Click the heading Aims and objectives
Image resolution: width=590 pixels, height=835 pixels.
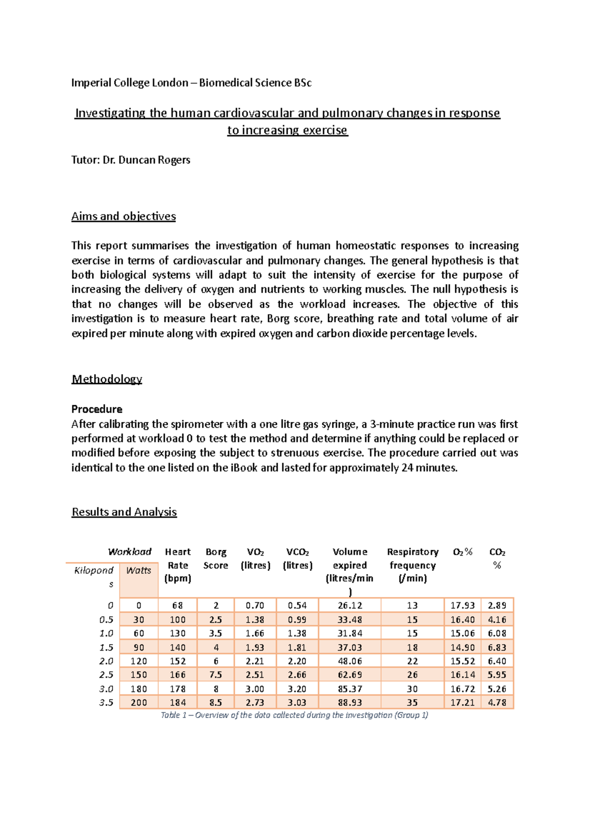pos(123,216)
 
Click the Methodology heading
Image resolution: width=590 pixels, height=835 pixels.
pos(107,379)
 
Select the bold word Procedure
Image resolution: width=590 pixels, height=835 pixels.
pos(97,409)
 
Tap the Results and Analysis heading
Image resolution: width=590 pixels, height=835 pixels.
pos(124,512)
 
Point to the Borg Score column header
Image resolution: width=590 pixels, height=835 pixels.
pos(216,559)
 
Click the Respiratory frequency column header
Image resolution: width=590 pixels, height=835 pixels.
pos(413,565)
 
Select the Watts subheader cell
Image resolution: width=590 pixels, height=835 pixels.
pos(139,570)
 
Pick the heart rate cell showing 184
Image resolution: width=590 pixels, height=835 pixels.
pos(177,703)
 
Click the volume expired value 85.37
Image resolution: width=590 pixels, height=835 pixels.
pos(350,689)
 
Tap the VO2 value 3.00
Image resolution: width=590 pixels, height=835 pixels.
pos(255,689)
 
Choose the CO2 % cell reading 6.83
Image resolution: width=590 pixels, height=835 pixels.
pos(497,648)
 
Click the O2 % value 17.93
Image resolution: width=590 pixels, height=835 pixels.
pos(462,605)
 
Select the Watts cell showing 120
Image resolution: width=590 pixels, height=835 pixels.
pos(139,661)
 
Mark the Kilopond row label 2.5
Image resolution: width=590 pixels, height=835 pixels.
pos(106,675)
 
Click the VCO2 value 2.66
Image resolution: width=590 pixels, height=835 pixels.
pos(297,675)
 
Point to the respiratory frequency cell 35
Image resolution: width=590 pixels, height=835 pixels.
pos(413,703)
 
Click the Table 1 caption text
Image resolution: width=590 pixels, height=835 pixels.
pos(294,715)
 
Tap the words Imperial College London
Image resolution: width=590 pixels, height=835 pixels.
pos(130,83)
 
